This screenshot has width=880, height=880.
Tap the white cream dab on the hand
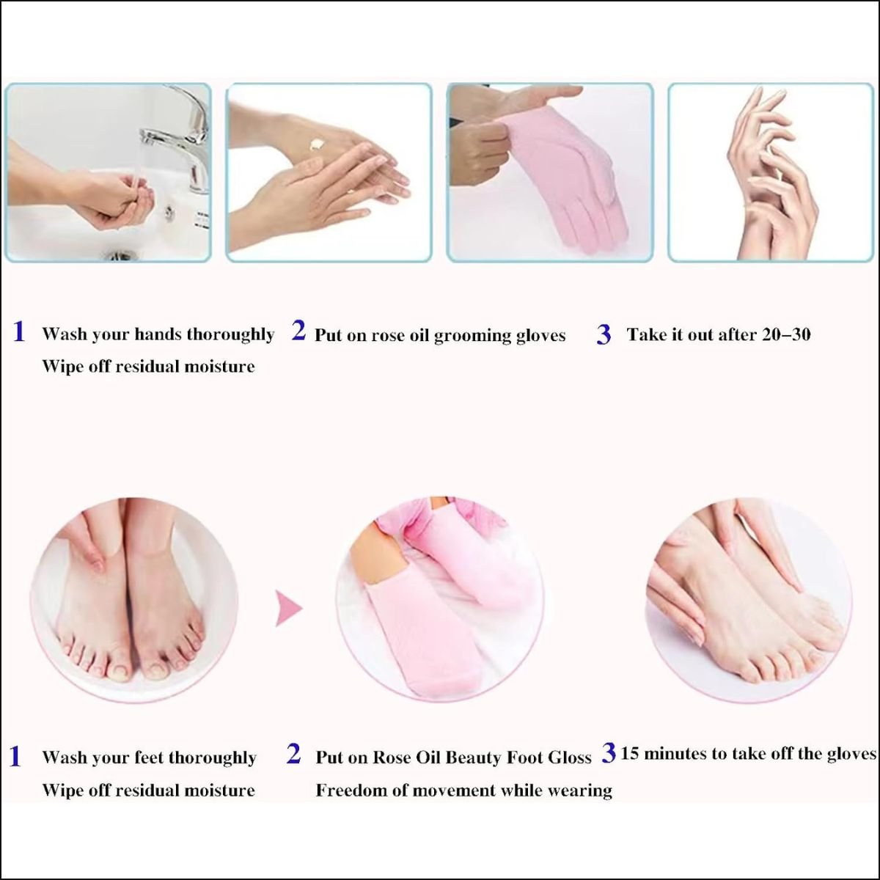click(315, 145)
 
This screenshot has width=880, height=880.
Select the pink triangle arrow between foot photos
click(289, 608)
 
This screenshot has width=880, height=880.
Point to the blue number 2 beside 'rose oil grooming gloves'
click(298, 331)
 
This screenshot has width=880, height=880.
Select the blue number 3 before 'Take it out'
click(604, 335)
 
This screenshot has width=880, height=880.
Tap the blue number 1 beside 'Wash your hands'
click(19, 331)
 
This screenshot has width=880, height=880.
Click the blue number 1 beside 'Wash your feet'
click(15, 756)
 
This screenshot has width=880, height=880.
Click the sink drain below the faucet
click(120, 254)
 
